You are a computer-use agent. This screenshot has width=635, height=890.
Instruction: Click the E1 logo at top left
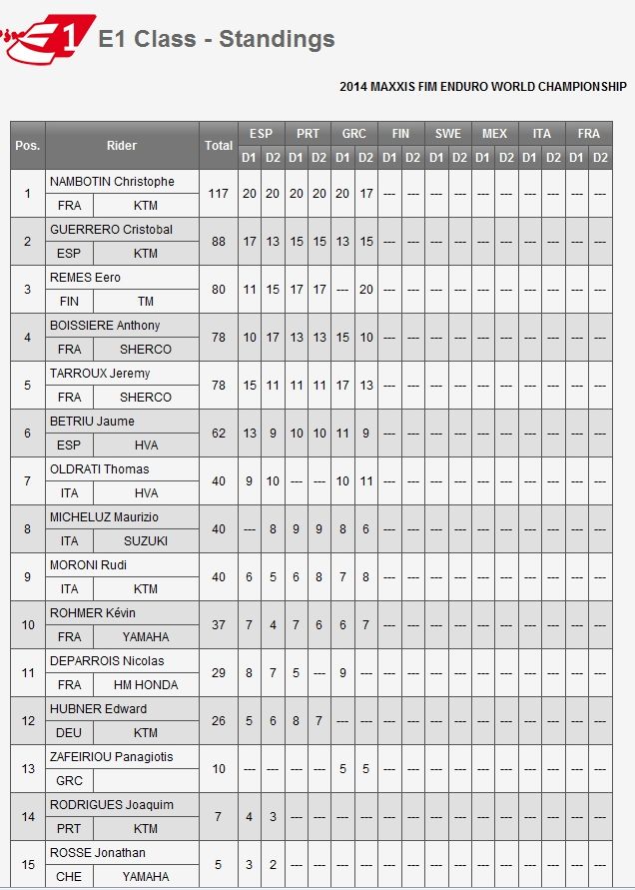coord(50,39)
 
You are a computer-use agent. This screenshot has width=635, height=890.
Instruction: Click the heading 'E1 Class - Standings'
coord(217,40)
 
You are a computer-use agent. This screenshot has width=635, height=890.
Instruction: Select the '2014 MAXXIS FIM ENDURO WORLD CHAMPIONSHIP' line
coord(482,87)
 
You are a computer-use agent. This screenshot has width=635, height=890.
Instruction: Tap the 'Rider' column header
coord(122,146)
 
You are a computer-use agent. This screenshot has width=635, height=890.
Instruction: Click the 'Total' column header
coord(218,146)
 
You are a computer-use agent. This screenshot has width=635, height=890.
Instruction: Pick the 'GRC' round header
coord(353,134)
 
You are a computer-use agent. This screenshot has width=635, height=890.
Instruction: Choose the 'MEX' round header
coord(494,134)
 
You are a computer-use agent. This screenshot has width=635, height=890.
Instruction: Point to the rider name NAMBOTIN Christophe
coord(112,182)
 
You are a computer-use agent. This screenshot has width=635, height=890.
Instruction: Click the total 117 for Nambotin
coord(218,194)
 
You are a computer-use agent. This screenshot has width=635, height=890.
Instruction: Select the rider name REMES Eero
coord(85,278)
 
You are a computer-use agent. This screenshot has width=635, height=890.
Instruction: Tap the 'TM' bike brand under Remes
coord(146,302)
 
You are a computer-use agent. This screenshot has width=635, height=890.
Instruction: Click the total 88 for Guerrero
coord(218,242)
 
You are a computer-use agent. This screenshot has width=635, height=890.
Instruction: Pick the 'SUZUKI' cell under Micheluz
coord(146,541)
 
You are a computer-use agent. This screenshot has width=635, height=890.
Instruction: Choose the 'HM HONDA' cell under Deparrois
coord(146,685)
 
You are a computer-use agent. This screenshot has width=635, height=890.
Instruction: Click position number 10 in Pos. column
coord(28,625)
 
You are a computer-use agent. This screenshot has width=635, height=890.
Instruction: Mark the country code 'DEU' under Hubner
coord(69,733)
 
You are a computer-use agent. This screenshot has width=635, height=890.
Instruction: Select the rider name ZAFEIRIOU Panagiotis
coord(111,757)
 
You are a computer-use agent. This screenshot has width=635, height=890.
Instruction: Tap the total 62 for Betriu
coord(218,434)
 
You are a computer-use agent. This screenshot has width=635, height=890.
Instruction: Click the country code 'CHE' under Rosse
coord(69,877)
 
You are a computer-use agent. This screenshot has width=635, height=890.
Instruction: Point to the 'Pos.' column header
coord(28,146)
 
